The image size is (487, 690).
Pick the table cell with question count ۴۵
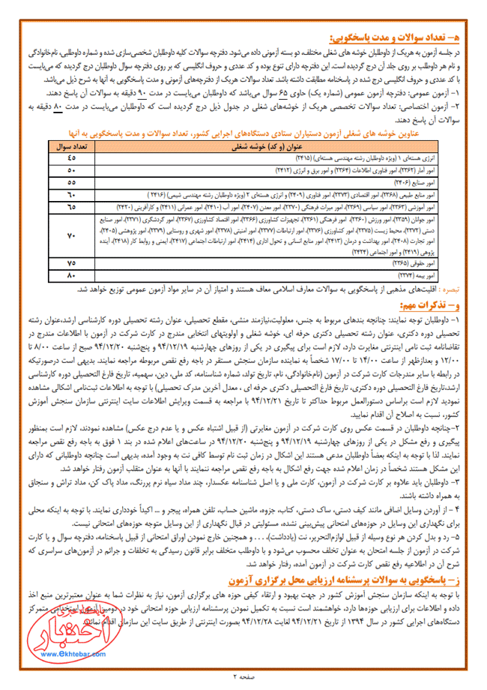71,157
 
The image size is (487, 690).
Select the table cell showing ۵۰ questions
71,169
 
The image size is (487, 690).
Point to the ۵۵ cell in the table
71,181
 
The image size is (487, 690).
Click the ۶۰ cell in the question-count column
71,193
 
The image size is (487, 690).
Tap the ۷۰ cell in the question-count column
71,237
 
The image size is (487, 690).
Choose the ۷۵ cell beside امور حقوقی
71,264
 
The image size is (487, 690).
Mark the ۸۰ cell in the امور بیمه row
71,276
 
